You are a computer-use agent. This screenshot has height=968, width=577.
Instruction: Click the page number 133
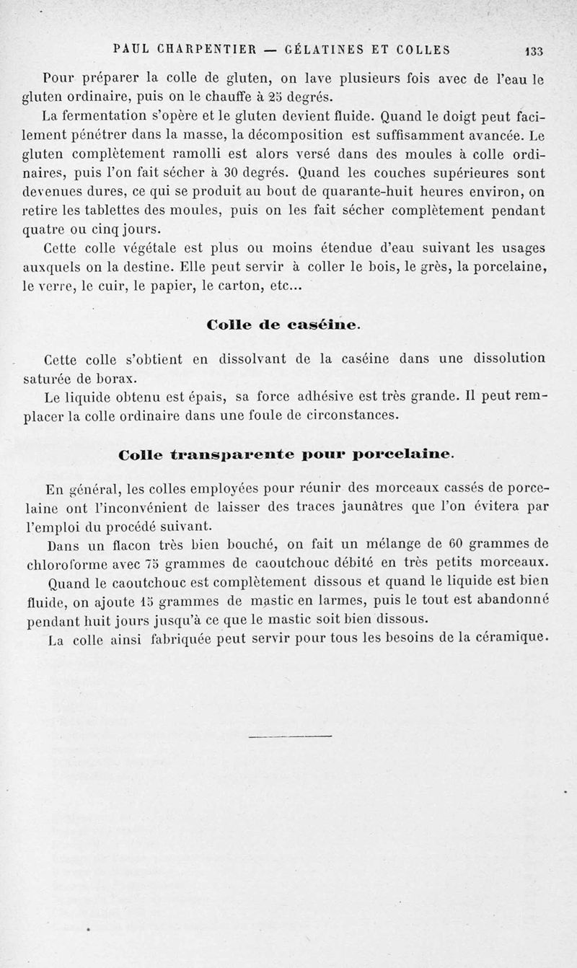(x=534, y=51)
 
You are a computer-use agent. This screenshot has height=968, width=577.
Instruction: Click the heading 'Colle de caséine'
(x=282, y=325)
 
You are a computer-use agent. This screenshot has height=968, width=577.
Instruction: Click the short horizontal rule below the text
(x=289, y=736)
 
